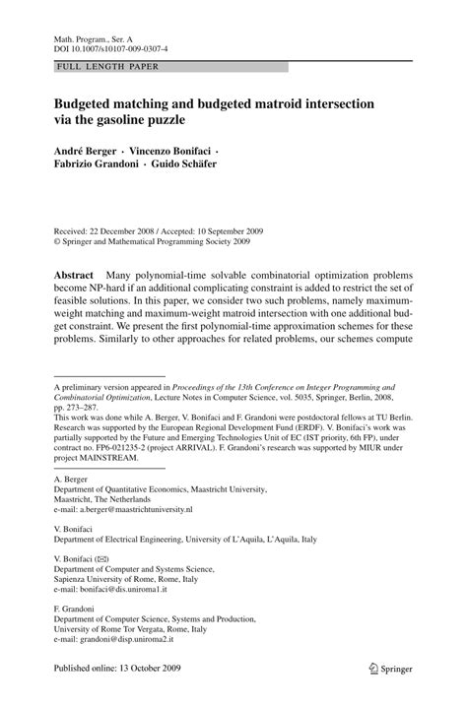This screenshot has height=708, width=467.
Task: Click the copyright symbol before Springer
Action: coord(58,238)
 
